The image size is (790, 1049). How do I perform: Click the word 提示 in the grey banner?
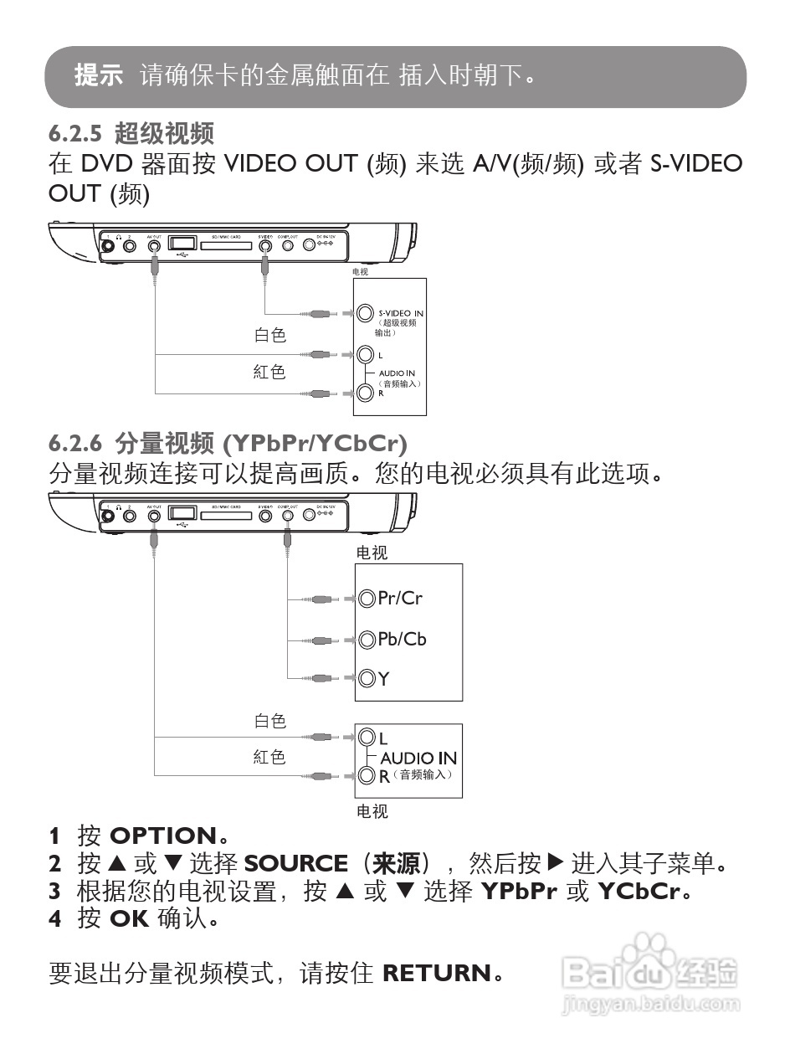click(99, 76)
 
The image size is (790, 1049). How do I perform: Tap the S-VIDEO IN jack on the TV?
click(364, 313)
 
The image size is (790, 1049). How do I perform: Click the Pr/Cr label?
click(400, 598)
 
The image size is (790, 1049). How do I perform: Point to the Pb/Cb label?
click(402, 639)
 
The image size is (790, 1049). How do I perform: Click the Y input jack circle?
click(367, 679)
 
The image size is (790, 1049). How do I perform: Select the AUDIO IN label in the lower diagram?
click(418, 758)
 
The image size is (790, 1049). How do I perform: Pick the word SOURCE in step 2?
click(295, 863)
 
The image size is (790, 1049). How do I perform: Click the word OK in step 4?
click(129, 919)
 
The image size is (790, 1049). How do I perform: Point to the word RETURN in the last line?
click(436, 973)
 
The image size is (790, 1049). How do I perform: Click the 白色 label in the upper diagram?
click(270, 335)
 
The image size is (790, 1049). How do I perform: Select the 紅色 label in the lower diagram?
click(269, 757)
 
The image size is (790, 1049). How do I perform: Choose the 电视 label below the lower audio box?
click(372, 811)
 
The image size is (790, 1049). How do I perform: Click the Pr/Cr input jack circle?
click(367, 599)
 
